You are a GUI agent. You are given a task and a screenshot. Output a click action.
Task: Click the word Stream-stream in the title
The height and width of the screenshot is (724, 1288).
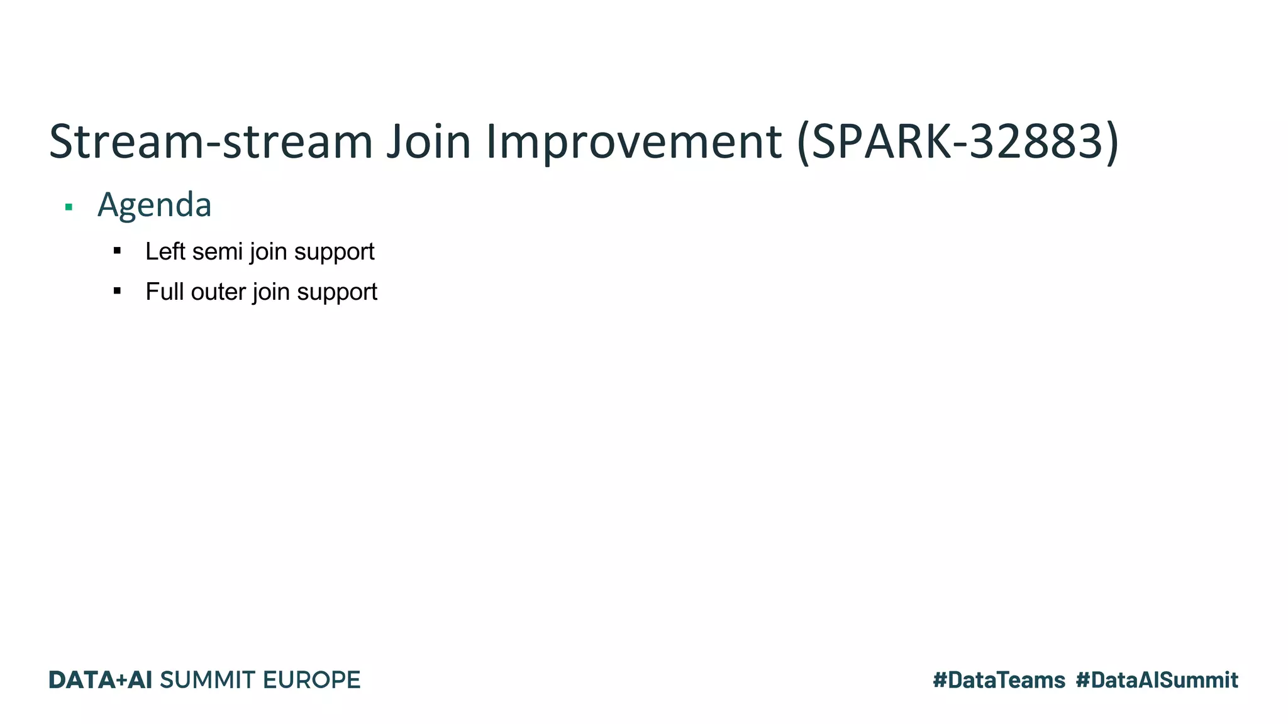coord(211,141)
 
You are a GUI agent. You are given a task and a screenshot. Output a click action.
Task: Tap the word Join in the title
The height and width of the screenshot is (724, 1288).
coord(428,141)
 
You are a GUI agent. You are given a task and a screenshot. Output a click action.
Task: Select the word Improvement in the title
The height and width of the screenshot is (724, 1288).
coord(634,141)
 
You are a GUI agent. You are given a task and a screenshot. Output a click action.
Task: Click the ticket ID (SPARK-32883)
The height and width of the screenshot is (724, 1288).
coord(957,141)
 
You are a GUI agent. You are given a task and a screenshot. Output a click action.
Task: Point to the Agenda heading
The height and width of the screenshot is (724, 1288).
coord(154,205)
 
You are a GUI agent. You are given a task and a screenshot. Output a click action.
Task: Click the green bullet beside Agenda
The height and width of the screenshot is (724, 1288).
coord(69,207)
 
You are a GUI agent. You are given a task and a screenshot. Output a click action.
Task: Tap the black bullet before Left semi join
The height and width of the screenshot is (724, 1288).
coord(117,251)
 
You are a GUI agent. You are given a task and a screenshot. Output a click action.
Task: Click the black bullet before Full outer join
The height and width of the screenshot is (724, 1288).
coord(117,290)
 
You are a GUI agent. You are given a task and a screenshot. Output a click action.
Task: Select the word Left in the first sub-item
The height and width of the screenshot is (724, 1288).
coord(165,251)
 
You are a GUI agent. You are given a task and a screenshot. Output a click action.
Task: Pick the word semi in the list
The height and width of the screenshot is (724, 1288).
coord(218,251)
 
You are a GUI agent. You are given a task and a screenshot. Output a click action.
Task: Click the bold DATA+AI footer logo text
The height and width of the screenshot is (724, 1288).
coord(101,680)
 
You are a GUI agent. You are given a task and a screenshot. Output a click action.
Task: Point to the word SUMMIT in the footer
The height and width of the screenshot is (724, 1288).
coord(208,680)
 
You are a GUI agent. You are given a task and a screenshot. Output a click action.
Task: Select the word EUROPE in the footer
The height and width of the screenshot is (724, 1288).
coord(311,680)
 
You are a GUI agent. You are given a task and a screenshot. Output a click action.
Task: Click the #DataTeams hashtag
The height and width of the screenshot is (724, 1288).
coord(999,680)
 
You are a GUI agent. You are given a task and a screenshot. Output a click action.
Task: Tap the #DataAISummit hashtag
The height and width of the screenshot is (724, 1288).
coord(1157,680)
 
